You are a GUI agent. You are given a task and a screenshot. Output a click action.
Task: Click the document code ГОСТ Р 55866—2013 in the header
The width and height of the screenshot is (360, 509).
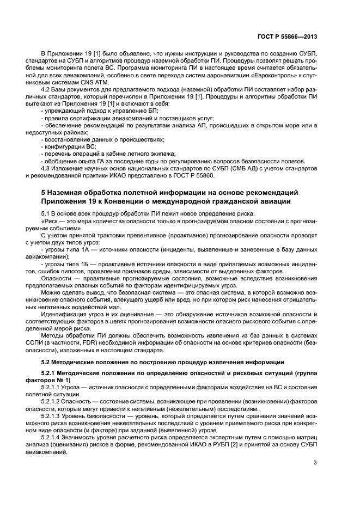tap(287, 36)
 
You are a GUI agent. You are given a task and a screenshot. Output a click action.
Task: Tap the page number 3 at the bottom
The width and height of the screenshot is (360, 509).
tap(315, 463)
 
